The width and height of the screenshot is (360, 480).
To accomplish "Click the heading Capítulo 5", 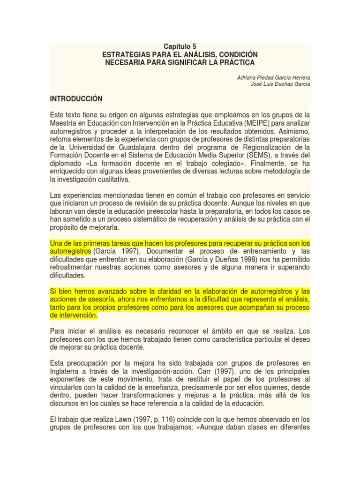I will (x=180, y=46).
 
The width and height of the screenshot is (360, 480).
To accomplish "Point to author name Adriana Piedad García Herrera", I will (x=274, y=76).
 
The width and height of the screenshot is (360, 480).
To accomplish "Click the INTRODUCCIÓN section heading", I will (x=75, y=99).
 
